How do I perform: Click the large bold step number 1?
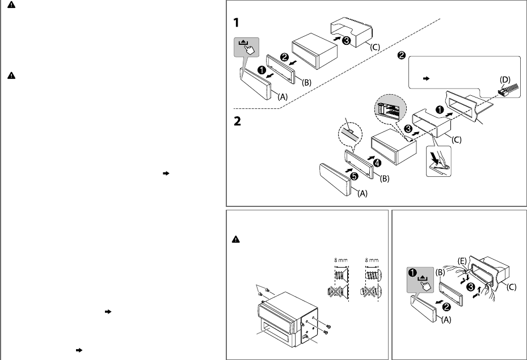(x=237, y=23)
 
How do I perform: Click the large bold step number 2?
(x=237, y=121)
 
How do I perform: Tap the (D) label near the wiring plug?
(x=505, y=79)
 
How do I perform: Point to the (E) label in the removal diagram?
(x=462, y=261)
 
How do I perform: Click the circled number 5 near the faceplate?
(x=354, y=176)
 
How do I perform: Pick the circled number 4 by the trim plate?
(x=377, y=163)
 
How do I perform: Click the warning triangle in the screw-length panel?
(x=236, y=239)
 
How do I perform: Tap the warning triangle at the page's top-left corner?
(x=11, y=5)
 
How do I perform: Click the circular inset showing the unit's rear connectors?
(x=390, y=108)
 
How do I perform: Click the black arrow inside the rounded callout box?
(x=426, y=79)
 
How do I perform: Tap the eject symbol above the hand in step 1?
(x=243, y=43)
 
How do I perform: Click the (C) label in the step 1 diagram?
(x=375, y=47)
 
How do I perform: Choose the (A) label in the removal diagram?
(x=446, y=320)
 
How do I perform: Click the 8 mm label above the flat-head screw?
(x=341, y=260)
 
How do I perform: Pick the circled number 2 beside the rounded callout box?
(x=401, y=56)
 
